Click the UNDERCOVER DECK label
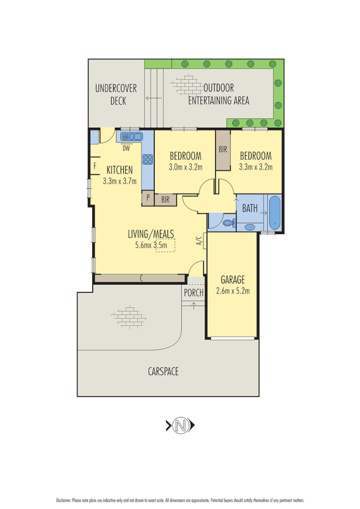116,94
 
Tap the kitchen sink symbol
131,136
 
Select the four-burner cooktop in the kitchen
148,159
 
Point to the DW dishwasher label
126,149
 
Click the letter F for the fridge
95,166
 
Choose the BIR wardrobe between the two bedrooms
223,150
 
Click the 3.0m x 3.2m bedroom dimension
185,167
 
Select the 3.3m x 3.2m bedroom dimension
256,167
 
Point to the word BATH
250,208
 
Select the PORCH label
194,293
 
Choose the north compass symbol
180,425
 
